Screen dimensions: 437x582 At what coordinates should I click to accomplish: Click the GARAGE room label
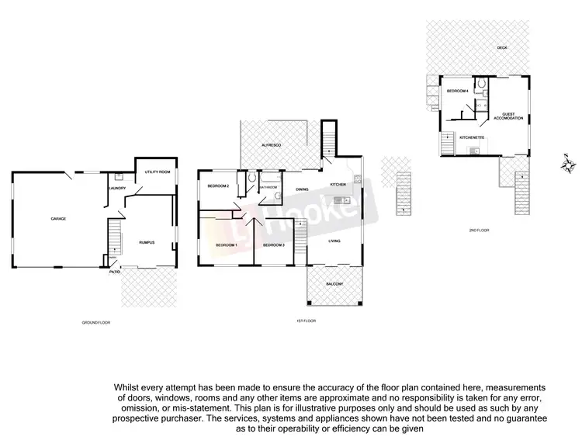pos(58,219)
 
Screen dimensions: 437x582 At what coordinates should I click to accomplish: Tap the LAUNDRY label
pos(117,187)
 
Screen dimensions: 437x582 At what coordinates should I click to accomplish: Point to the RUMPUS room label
pos(147,243)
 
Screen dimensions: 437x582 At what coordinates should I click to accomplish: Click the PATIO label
pos(114,272)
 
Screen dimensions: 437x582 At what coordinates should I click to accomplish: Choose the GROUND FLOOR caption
pos(96,321)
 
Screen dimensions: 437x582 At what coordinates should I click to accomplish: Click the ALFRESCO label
pos(271,145)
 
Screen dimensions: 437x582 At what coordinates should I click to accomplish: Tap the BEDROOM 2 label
pos(218,186)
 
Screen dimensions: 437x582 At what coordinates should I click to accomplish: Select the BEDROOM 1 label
pos(227,245)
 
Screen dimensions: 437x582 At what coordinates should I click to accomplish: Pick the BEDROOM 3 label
pos(274,245)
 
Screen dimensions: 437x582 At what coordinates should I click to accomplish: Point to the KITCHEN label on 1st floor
pos(338,184)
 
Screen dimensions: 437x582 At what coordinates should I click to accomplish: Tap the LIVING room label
pos(334,241)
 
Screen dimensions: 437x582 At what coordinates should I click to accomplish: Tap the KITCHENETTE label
pos(472,137)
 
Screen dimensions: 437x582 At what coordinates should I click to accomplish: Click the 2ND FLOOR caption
pos(479,230)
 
